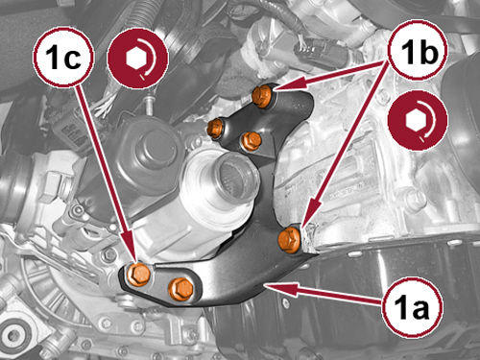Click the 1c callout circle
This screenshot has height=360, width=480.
tap(63, 57)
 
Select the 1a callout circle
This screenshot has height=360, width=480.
tap(413, 306)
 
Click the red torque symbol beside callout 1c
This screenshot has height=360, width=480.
tap(138, 58)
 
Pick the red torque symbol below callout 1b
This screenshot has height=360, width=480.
tap(418, 121)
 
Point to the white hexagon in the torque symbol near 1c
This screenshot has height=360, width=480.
tap(134, 59)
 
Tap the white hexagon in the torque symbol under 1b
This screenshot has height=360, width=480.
tap(414, 122)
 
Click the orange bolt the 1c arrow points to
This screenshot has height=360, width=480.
tap(138, 275)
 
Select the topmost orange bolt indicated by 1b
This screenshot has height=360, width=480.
tap(262, 96)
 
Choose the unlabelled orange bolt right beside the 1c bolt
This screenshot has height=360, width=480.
tap(181, 289)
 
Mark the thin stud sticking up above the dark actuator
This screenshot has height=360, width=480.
tap(149, 106)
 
